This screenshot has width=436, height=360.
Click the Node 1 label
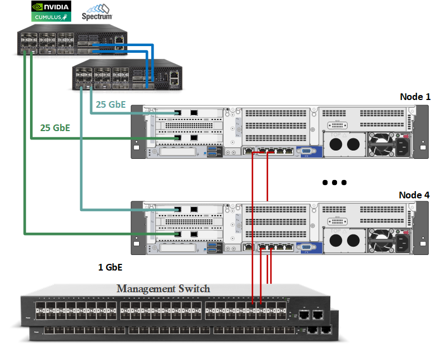[415, 97]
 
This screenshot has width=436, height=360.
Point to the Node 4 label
[415, 195]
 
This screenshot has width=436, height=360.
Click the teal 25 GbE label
[111, 104]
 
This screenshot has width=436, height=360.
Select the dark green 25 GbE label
[55, 127]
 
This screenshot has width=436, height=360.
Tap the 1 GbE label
[110, 267]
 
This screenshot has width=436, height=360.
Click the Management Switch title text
[163, 288]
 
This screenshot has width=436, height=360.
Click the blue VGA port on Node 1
[304, 151]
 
